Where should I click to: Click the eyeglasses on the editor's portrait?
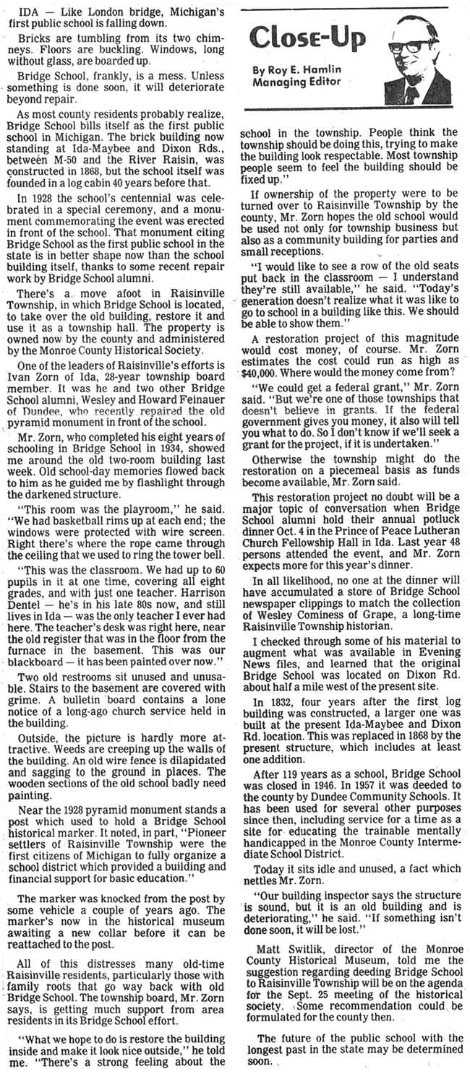[x=417, y=46]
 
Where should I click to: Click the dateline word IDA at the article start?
[x=29, y=14]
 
